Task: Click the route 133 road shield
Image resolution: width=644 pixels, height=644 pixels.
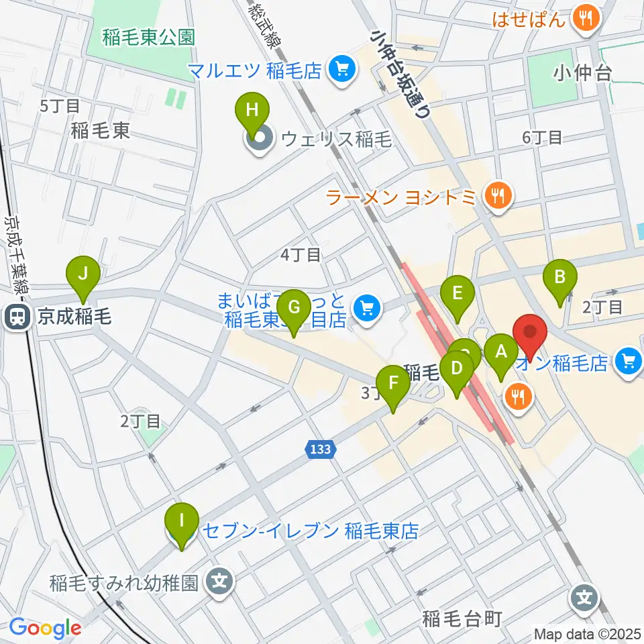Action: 321,449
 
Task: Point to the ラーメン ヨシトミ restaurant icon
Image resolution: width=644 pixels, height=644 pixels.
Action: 498,197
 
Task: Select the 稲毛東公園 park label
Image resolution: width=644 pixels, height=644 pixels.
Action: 149,37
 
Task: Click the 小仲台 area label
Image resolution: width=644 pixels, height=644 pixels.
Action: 582,73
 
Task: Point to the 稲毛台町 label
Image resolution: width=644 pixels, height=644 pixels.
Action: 462,619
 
